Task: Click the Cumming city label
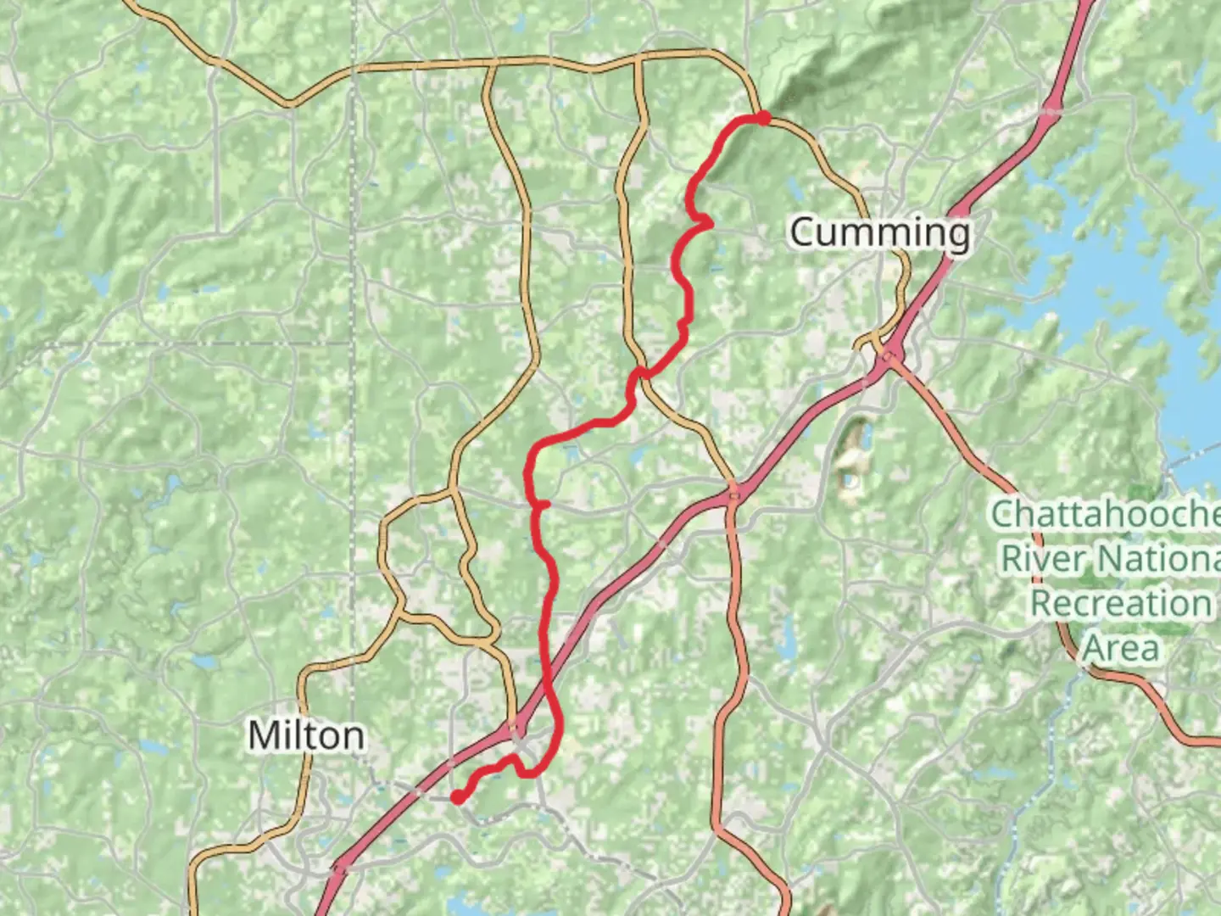click(x=880, y=232)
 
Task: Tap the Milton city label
click(x=306, y=735)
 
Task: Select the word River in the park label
click(x=1045, y=559)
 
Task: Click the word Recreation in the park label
click(x=1120, y=604)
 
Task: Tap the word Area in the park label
click(x=1120, y=649)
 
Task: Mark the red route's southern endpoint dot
click(x=457, y=796)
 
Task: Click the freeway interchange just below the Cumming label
click(x=887, y=352)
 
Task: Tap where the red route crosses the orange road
click(x=642, y=373)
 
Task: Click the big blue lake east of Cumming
click(x=1128, y=280)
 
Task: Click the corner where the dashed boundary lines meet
click(x=353, y=343)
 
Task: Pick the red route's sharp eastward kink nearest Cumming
click(x=706, y=222)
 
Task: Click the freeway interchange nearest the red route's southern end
click(x=515, y=729)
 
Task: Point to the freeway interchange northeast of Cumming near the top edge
click(x=1052, y=109)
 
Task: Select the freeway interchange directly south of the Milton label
click(x=341, y=867)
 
